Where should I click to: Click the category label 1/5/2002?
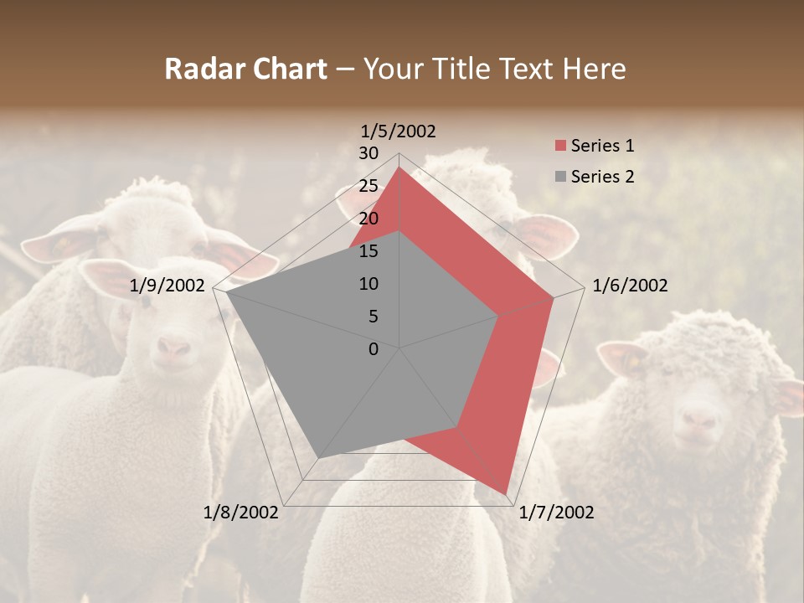pos(399,131)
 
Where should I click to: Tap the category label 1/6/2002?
pos(630,286)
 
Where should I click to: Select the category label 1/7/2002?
pos(557,513)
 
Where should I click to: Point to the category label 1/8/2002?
pos(241,513)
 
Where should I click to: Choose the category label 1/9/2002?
pos(167,286)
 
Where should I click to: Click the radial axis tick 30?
pos(368,153)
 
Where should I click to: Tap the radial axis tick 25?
pos(368,186)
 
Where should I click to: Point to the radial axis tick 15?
pos(368,251)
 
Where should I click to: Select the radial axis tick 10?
pos(368,284)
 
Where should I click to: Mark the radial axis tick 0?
pos(374,349)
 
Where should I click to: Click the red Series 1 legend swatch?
pos(561,147)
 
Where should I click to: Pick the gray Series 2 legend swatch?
pos(561,177)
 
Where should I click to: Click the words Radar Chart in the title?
pos(245,69)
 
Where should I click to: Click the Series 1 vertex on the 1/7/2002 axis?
pos(507,493)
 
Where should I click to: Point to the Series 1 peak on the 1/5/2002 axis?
pos(399,167)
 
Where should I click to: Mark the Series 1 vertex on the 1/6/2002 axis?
pos(554,297)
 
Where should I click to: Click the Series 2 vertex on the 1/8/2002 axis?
pos(318,458)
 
